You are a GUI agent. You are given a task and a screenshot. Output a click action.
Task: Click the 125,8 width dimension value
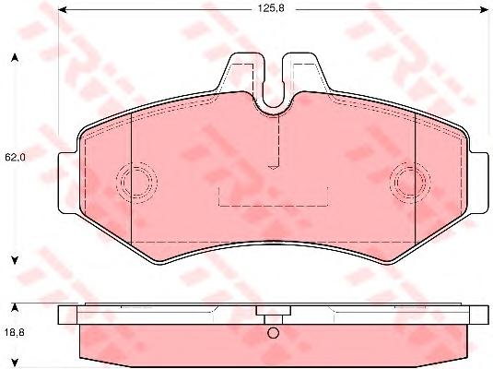click(271, 8)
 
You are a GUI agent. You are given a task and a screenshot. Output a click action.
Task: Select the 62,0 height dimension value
click(15, 157)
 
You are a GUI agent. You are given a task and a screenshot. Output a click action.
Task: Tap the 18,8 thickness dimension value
click(15, 332)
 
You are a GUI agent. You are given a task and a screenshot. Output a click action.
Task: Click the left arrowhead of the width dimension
click(63, 10)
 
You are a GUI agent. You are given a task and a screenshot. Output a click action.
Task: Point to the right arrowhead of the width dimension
click(484, 10)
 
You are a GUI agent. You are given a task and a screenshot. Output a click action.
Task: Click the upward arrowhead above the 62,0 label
click(14, 57)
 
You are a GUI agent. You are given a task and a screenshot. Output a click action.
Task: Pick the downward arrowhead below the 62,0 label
click(14, 260)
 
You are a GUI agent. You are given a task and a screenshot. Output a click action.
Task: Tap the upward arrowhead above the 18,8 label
click(14, 307)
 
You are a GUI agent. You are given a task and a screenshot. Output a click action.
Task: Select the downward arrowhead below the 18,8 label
click(14, 362)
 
